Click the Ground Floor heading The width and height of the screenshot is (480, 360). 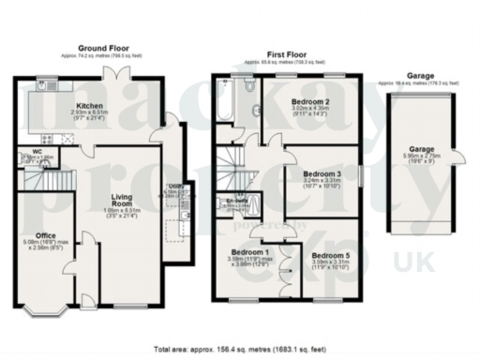[x=103, y=46]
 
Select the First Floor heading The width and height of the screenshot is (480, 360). [x=283, y=55]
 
